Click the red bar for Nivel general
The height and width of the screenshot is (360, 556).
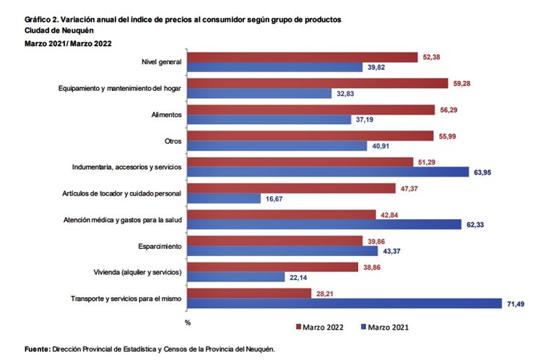(x=303, y=57)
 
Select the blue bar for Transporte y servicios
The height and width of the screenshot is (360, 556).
(x=345, y=304)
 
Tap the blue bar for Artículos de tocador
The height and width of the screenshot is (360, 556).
(x=224, y=198)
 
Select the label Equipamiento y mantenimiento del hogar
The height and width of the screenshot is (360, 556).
(x=120, y=89)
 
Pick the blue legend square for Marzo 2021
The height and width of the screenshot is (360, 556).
(x=365, y=328)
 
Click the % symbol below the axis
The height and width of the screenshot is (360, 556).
(x=187, y=321)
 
